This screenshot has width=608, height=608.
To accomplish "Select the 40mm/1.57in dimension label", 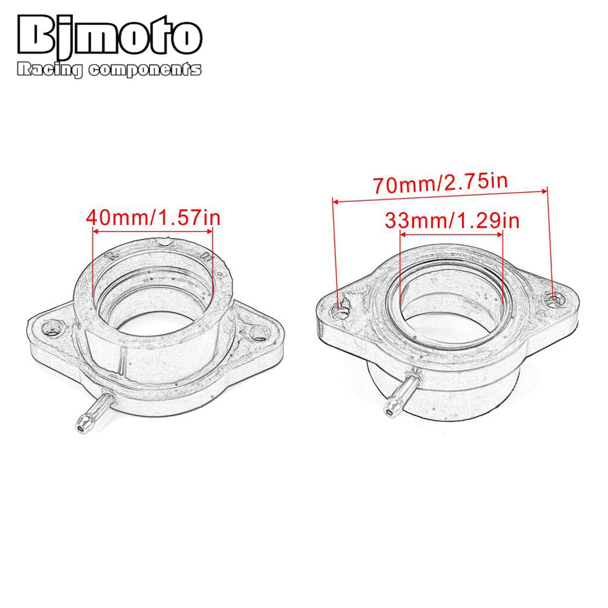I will pyautogui.click(x=152, y=217).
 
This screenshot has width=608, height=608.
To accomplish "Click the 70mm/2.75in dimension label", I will pyautogui.click(x=441, y=182).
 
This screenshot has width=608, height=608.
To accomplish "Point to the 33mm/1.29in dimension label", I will pyautogui.click(x=452, y=221).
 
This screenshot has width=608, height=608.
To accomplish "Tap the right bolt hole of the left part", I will pyautogui.click(x=261, y=333).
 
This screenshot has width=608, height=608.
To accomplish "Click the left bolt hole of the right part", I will pyautogui.click(x=339, y=311).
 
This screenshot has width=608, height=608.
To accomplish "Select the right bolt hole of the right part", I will pyautogui.click(x=554, y=298).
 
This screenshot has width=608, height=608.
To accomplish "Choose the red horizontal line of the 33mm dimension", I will pyautogui.click(x=452, y=234).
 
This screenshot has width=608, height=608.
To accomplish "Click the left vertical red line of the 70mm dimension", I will pyautogui.click(x=334, y=249).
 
